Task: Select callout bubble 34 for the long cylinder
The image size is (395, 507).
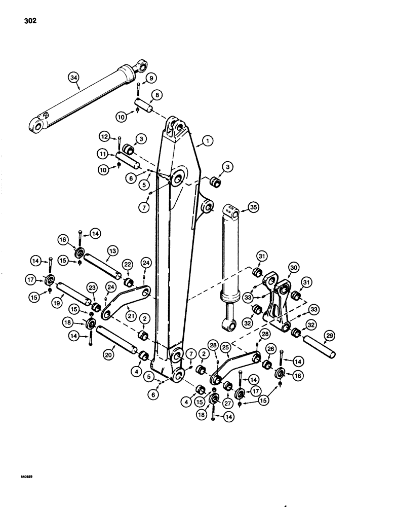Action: coord(74,78)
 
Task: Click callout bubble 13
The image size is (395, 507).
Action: coord(111,251)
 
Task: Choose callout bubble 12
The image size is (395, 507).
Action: coord(104,137)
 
